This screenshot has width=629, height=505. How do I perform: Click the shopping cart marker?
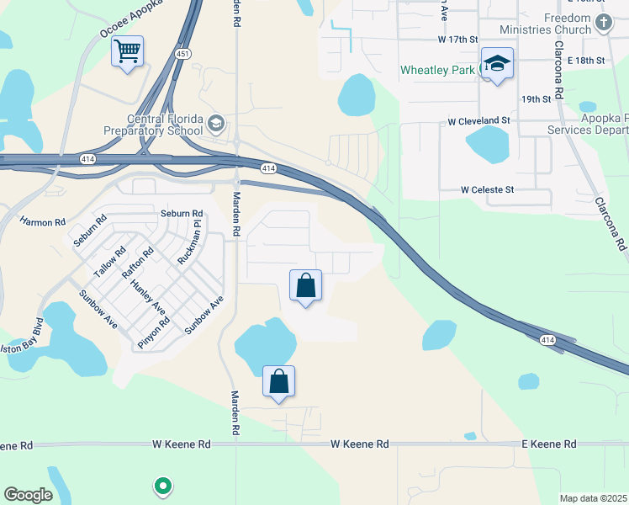pos(128,52)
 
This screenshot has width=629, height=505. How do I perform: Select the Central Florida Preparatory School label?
pos(153,125)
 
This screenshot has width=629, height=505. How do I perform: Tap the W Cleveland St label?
pos(478,121)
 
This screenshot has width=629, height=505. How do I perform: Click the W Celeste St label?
pos(487,190)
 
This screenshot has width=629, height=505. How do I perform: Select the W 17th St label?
pos(457,40)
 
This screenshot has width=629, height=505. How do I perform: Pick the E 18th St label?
pos(586,61)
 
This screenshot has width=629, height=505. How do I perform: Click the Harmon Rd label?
pos(42,222)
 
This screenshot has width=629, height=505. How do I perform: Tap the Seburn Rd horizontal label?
pos(182,214)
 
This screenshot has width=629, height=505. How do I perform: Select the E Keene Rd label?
pos(549,444)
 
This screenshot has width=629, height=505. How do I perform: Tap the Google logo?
pos(28,495)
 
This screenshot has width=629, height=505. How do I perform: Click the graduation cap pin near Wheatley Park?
pos(497,64)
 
